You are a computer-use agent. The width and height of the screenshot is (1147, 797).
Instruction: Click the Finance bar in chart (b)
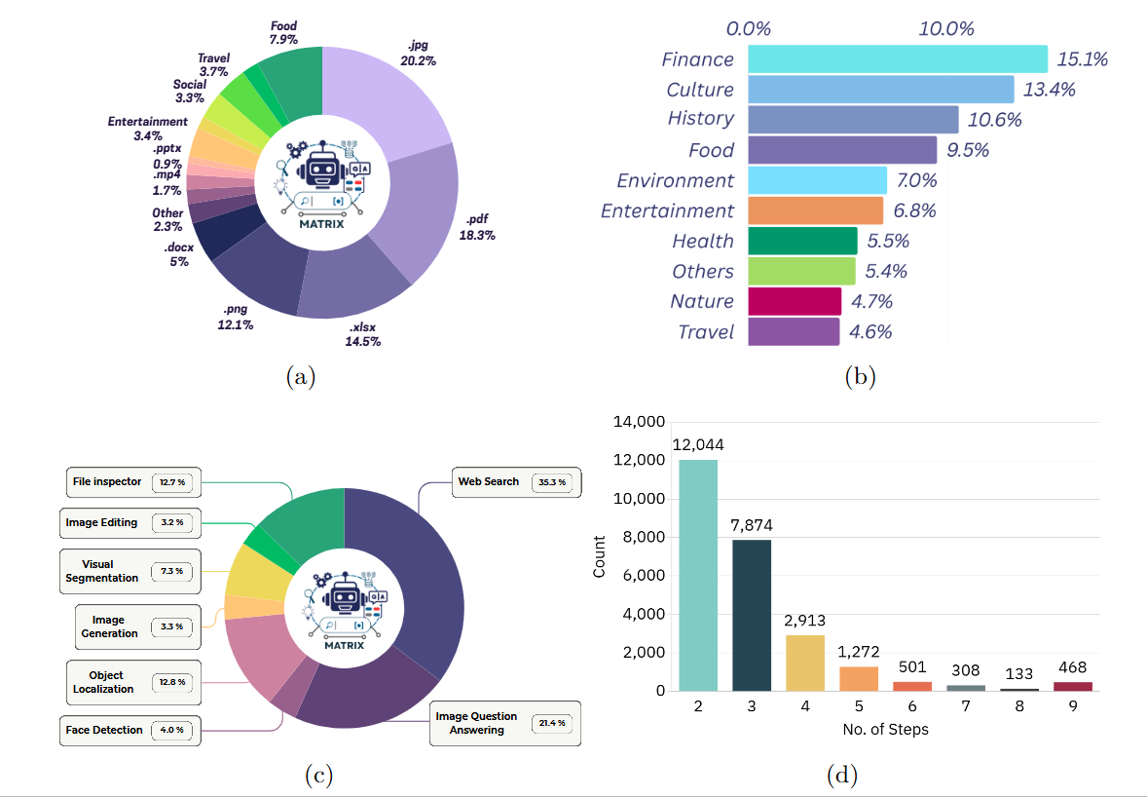click(x=897, y=59)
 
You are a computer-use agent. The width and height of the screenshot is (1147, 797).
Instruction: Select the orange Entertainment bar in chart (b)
click(x=815, y=210)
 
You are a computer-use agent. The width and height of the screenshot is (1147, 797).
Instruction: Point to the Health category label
click(x=702, y=241)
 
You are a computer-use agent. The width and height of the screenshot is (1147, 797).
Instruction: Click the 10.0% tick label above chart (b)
click(x=946, y=28)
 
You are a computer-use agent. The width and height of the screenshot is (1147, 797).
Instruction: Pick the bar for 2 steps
click(x=698, y=575)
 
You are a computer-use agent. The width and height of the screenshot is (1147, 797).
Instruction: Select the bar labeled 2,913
click(x=804, y=663)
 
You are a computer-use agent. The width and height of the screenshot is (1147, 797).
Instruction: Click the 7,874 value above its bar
click(x=752, y=526)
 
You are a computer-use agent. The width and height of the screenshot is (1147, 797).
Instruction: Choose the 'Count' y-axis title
click(x=599, y=556)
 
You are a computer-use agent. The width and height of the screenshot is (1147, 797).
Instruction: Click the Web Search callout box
click(x=518, y=481)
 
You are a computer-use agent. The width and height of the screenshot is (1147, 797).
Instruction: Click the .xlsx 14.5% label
click(x=362, y=333)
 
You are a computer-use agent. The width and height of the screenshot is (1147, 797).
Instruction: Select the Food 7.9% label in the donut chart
click(x=283, y=32)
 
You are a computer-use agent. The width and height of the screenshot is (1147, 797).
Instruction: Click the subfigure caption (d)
click(x=841, y=776)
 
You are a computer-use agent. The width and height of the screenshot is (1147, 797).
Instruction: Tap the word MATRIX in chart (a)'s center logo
click(x=322, y=221)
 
